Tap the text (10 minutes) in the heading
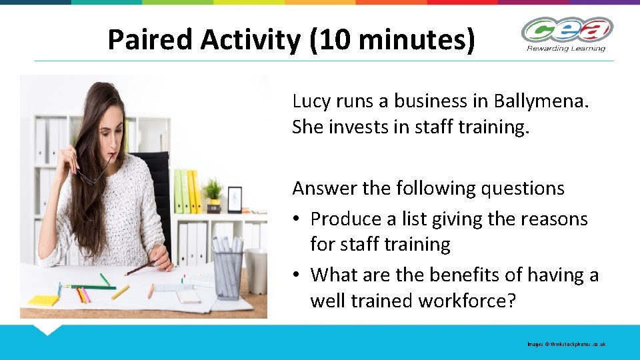pyautogui.click(x=393, y=40)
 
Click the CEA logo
pyautogui.click(x=567, y=29)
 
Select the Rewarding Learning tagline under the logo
pyautogui.click(x=567, y=48)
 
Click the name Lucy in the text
pyautogui.click(x=311, y=101)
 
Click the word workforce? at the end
pyautogui.click(x=467, y=301)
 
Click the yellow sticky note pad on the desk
pyautogui.click(x=43, y=300)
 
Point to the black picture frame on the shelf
pyautogui.click(x=235, y=199)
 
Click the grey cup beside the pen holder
pyautogui.click(x=256, y=271)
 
